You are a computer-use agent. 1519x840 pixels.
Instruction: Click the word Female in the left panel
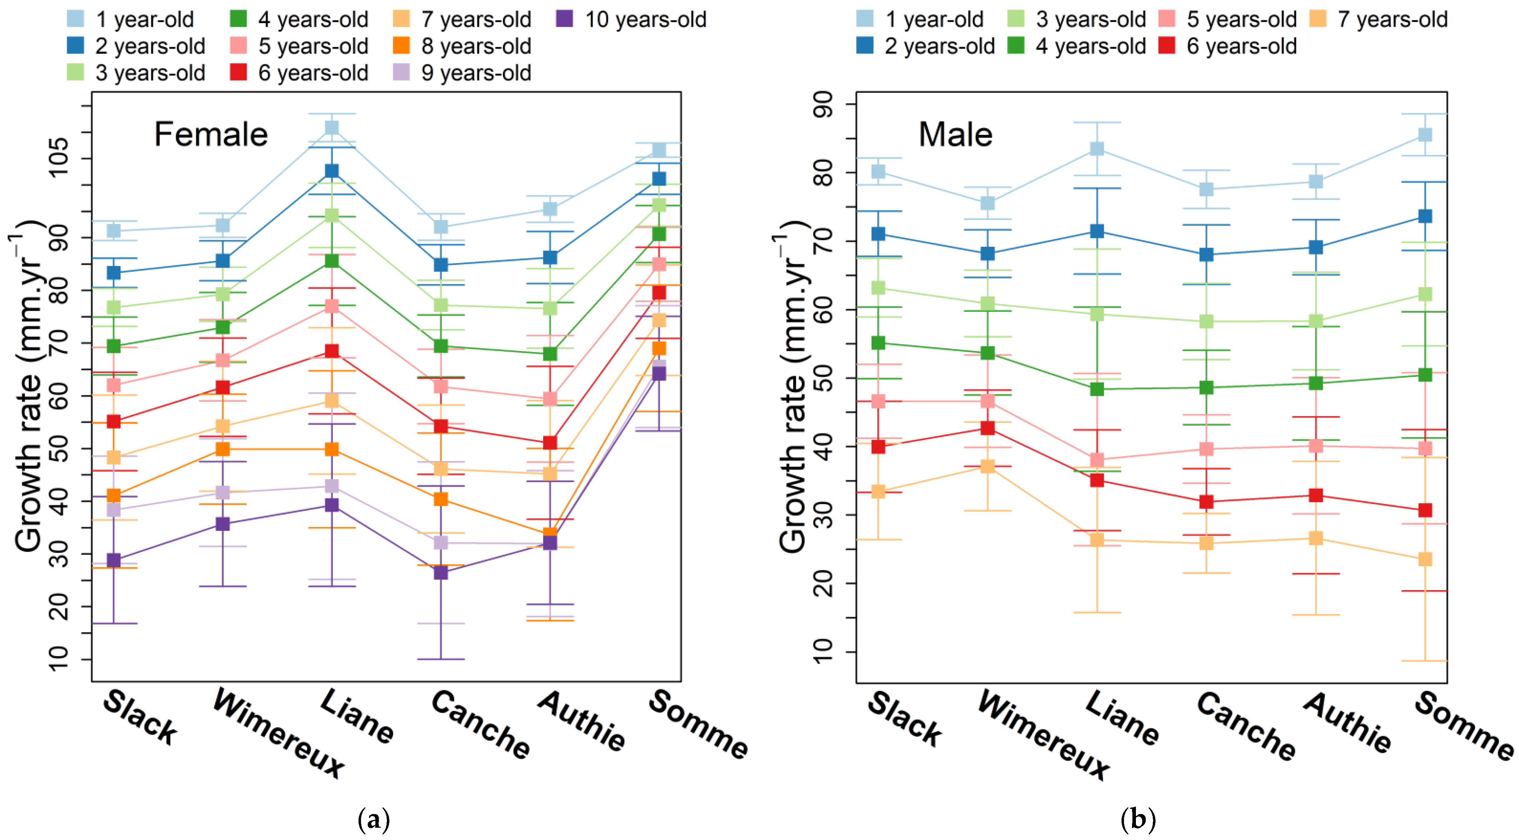(x=211, y=135)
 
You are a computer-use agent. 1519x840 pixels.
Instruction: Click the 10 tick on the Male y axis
(x=824, y=652)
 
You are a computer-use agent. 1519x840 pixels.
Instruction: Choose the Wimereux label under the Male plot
(x=1043, y=735)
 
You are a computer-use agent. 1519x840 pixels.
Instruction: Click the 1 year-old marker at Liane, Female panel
(x=332, y=128)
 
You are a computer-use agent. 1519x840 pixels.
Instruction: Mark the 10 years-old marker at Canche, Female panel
(x=441, y=572)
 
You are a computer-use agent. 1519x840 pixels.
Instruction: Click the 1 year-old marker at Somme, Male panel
(x=1425, y=135)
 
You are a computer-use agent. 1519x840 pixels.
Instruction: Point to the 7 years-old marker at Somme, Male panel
(x=1425, y=558)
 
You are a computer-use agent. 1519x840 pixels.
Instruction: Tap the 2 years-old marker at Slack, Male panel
(x=878, y=233)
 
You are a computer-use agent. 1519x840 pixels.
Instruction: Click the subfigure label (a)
(x=374, y=819)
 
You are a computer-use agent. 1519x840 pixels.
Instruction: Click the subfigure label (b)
(x=1137, y=819)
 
